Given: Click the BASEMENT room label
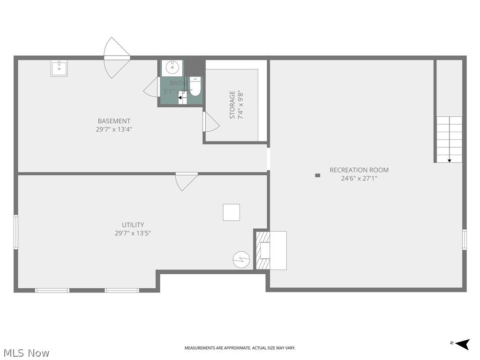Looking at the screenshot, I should pyautogui.click(x=114, y=121).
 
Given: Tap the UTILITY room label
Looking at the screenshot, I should pyautogui.click(x=133, y=225).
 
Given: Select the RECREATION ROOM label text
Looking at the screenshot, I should pyautogui.click(x=359, y=170).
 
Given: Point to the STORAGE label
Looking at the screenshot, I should pyautogui.click(x=232, y=105).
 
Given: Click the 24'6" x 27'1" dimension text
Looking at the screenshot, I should pyautogui.click(x=359, y=178).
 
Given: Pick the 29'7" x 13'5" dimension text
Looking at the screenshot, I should pyautogui.click(x=133, y=233).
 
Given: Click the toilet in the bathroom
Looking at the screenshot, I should pyautogui.click(x=195, y=87).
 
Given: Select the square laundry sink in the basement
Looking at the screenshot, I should pyautogui.click(x=59, y=68).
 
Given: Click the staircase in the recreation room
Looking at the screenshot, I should pyautogui.click(x=449, y=139).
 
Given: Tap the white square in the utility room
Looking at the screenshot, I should pyautogui.click(x=231, y=212).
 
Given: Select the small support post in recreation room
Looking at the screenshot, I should pyautogui.click(x=317, y=175).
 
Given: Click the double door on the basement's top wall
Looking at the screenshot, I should pyautogui.click(x=116, y=58).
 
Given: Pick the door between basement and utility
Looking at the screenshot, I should pyautogui.click(x=186, y=180).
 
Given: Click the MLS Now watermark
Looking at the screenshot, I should pyautogui.click(x=26, y=353).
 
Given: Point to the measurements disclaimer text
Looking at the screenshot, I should pyautogui.click(x=240, y=348).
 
